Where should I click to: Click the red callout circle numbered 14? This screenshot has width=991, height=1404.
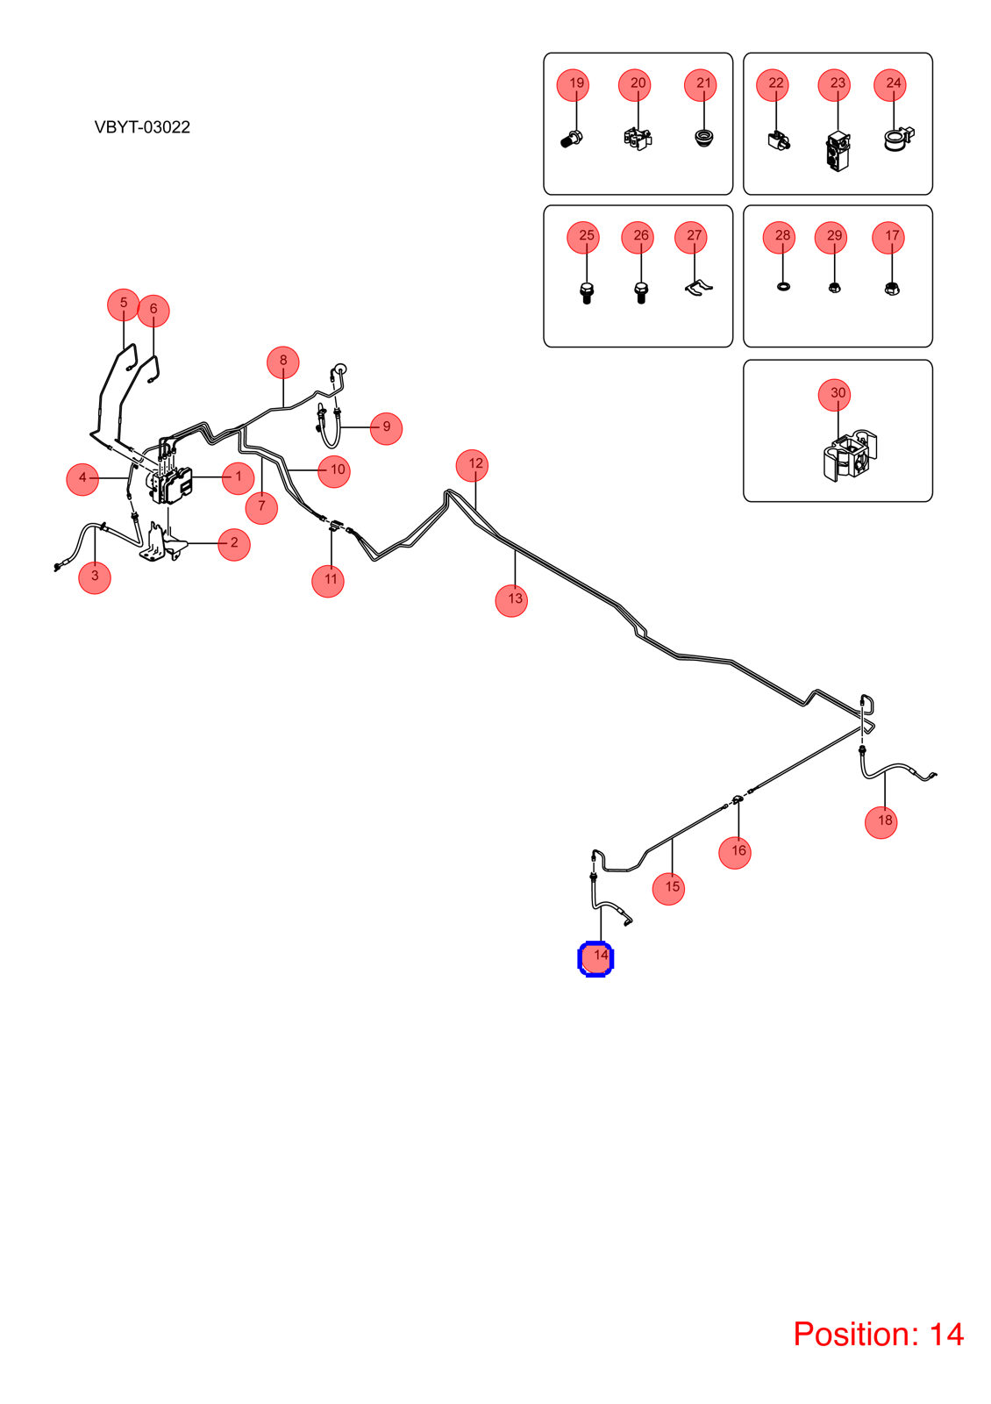(595, 958)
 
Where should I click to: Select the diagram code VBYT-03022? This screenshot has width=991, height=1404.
(142, 127)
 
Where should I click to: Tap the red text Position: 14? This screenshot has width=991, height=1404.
(878, 1334)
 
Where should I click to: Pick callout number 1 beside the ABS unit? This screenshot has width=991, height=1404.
(238, 477)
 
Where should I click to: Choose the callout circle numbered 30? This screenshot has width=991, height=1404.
(834, 395)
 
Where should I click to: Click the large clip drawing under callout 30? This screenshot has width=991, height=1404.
(850, 455)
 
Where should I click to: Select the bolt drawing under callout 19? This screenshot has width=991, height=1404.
(571, 139)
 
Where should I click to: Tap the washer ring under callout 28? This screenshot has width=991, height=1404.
(783, 286)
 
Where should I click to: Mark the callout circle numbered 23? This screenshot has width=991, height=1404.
(834, 84)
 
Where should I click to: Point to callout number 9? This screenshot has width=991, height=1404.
(386, 428)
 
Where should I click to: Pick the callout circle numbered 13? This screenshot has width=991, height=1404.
(511, 600)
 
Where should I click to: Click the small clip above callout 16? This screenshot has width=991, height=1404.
(738, 799)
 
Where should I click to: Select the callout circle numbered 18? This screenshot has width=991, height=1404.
(880, 821)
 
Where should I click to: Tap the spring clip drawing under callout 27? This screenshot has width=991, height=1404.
(698, 288)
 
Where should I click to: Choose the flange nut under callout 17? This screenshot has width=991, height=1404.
(891, 289)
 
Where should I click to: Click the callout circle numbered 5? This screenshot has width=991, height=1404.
(124, 304)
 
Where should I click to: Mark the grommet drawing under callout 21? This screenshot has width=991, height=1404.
(703, 138)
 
